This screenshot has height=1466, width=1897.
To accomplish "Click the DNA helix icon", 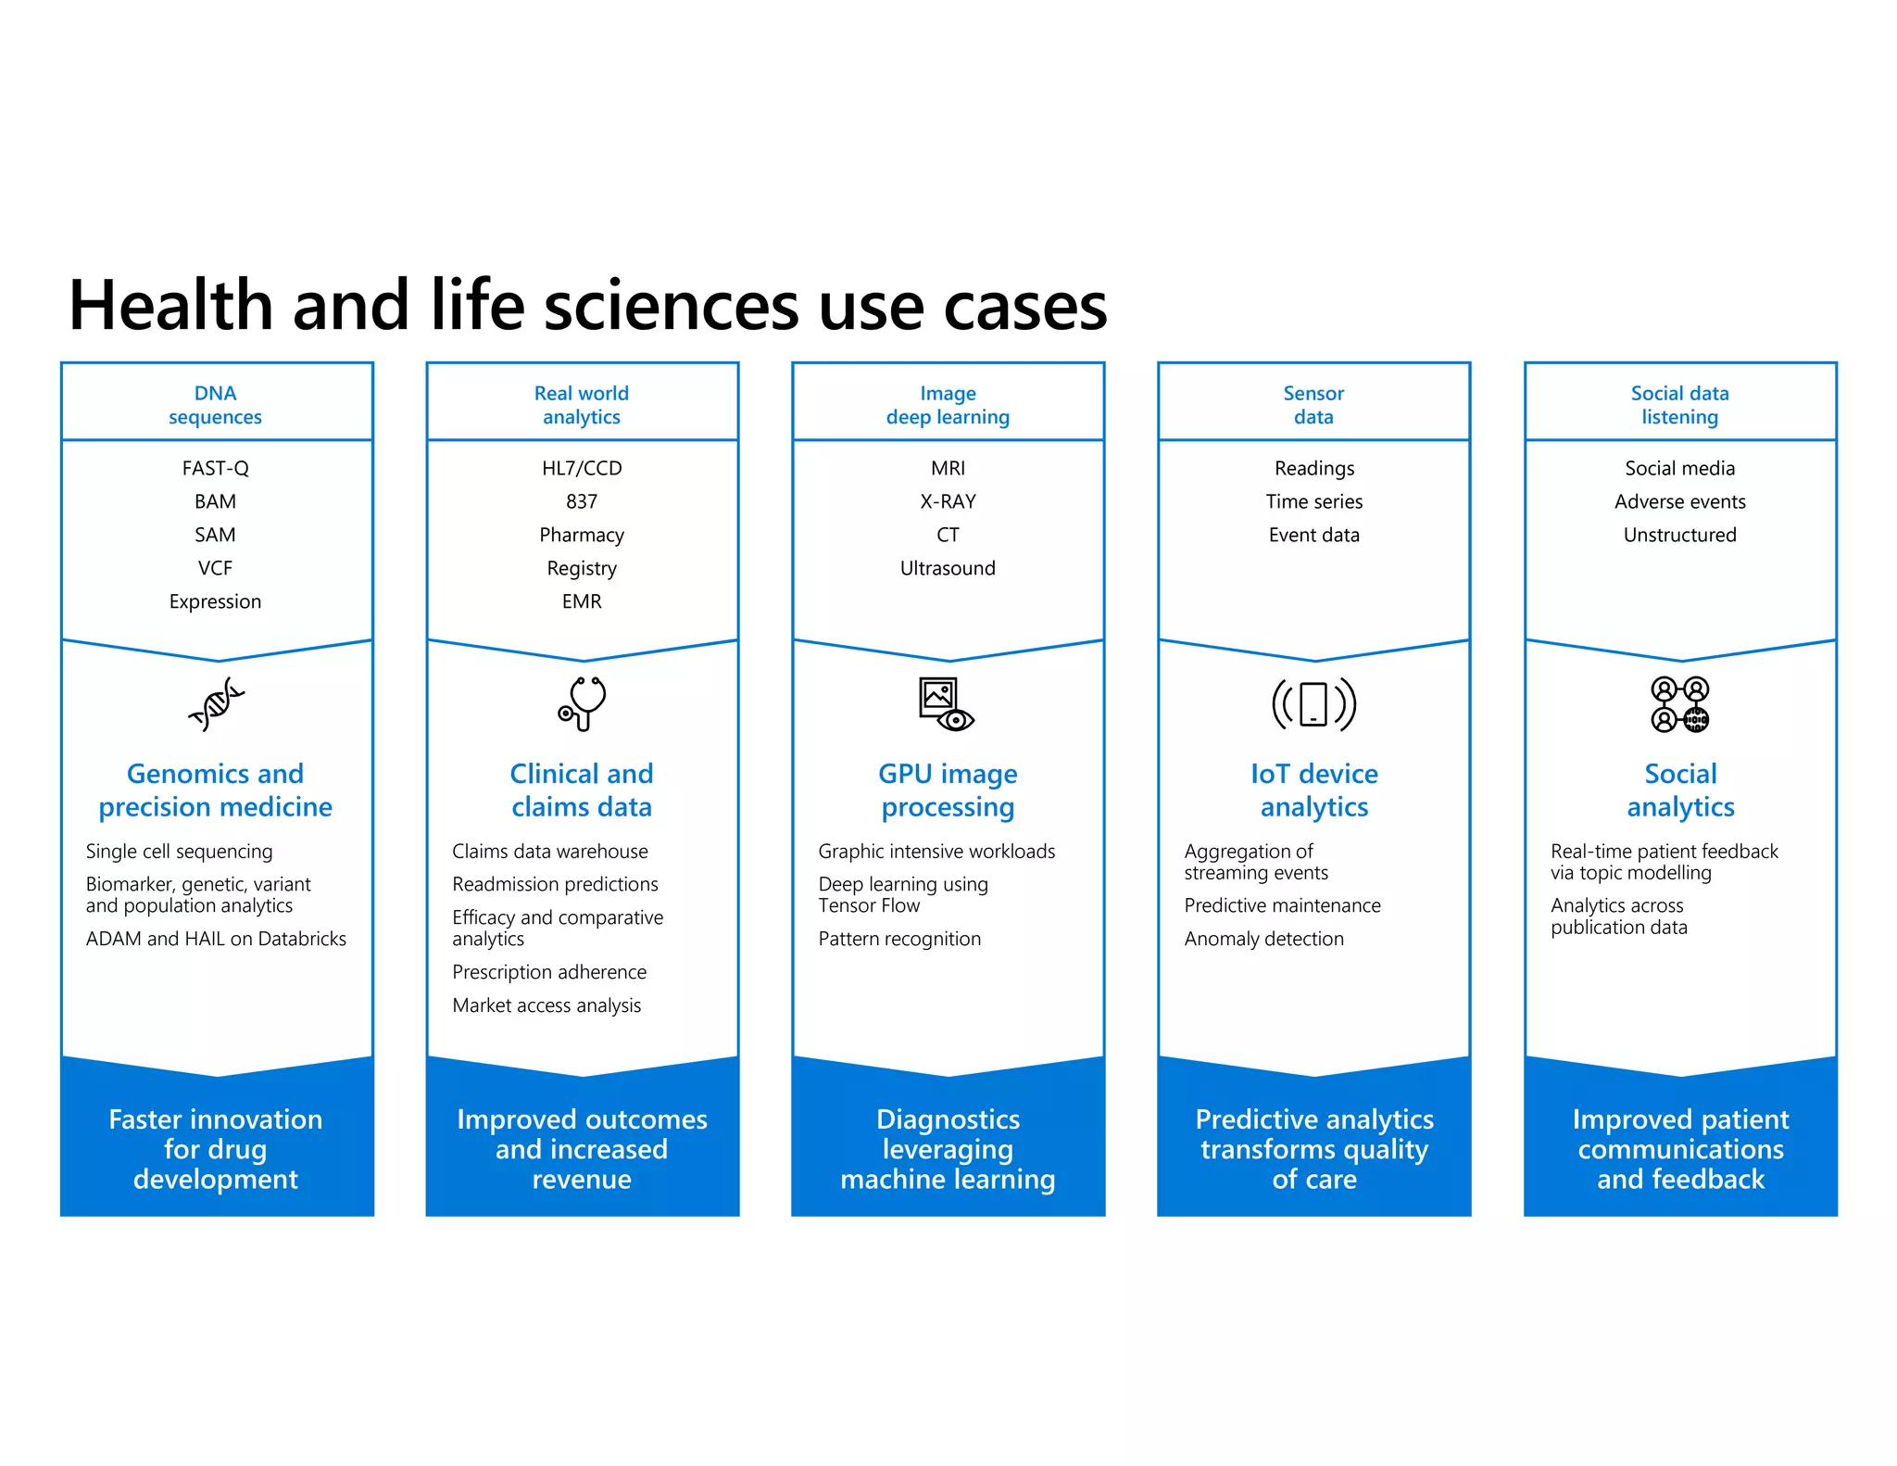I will pos(216,704).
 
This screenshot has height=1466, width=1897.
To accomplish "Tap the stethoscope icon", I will pos(582,703).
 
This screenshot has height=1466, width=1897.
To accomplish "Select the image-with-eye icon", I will pos(946,704).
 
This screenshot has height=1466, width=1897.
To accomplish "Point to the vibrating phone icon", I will pos(1313,703).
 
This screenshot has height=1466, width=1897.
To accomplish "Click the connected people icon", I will pos(1679,704).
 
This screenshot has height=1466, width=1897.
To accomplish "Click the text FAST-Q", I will pos(215,468).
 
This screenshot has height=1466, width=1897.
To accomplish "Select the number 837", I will pos(582,501).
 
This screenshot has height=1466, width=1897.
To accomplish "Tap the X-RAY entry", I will pos(948,501).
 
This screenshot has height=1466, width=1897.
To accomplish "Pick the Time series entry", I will pos(1313,501).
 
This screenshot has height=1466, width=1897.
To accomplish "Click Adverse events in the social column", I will pos(1679,501).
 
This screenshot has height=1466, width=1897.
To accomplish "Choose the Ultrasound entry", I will pos(948,568).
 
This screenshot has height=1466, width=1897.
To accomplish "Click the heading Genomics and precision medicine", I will pos(215,790).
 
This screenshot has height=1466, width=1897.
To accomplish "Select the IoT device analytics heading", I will pos(1313,790).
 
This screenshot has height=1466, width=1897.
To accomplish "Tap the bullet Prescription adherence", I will pos(549,972).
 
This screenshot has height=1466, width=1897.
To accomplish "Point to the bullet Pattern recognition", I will pos(898,939).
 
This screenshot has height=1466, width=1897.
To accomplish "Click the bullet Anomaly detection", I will pos(1263,939).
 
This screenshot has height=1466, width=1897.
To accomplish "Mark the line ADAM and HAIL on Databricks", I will pos(216,939).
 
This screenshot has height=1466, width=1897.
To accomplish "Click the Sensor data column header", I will pos(1313,405).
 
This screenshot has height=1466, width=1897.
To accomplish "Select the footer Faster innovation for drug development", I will pos(216,1149).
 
